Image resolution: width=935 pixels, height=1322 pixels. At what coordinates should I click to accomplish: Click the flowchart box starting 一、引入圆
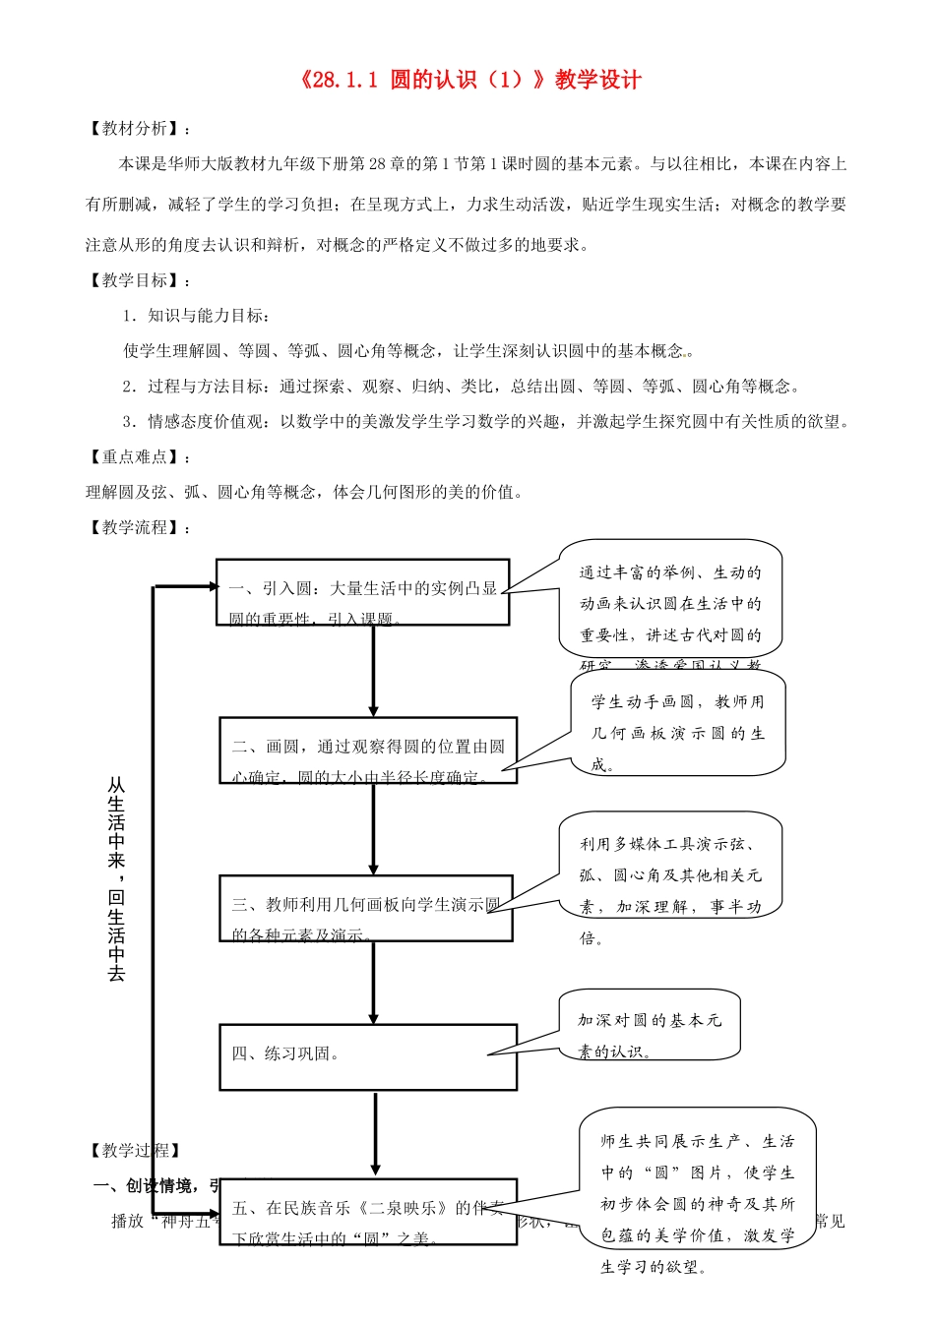pyautogui.click(x=362, y=592)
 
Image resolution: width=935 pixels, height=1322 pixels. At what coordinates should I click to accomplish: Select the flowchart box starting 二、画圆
pyautogui.click(x=367, y=751)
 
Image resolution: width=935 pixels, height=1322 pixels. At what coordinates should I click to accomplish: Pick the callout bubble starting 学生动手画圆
pyautogui.click(x=677, y=723)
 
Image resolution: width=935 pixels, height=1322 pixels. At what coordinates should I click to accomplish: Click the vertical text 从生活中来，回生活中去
pyautogui.click(x=116, y=878)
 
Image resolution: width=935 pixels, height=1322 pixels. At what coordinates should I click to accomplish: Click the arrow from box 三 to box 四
pyautogui.click(x=373, y=982)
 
